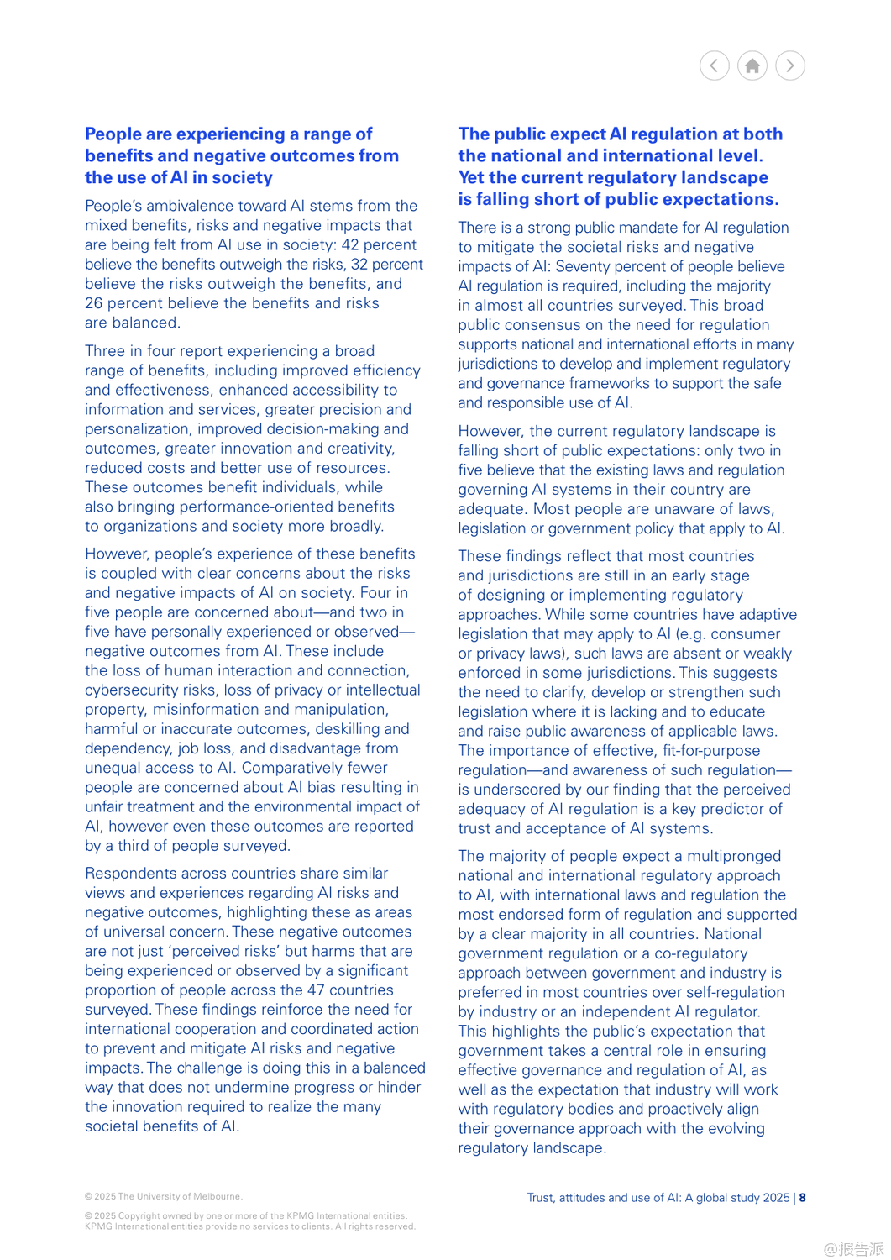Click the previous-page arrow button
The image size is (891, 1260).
click(x=714, y=66)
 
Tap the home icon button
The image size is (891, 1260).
click(x=752, y=66)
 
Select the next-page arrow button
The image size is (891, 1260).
click(x=790, y=66)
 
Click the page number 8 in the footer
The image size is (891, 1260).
click(x=803, y=1198)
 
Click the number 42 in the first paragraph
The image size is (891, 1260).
click(x=351, y=244)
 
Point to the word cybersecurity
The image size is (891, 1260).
click(x=132, y=690)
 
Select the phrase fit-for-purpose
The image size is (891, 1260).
click(x=710, y=751)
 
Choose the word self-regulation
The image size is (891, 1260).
click(x=733, y=992)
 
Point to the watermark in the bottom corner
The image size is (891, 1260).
click(x=853, y=1249)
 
